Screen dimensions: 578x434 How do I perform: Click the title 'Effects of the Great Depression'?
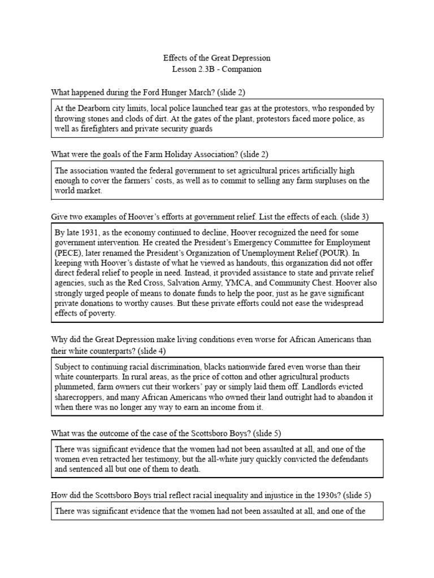216,58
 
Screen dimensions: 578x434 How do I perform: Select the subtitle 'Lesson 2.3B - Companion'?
216,69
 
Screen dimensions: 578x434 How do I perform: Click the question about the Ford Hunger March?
148,92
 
